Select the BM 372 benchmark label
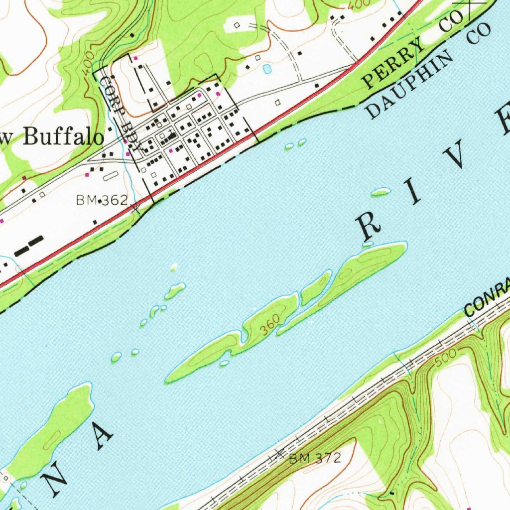point(315,458)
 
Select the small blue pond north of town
point(267,69)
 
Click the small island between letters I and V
point(381,191)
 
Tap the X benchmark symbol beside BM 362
point(135,207)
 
